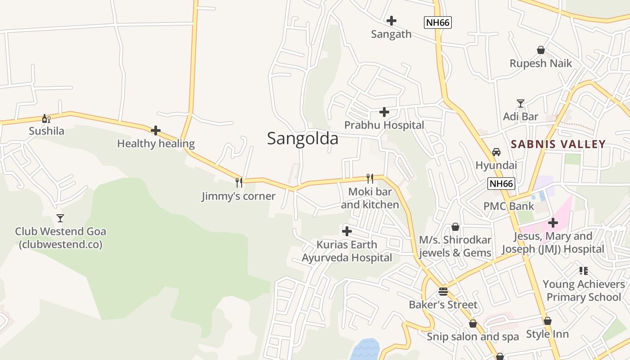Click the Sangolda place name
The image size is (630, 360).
(302, 138)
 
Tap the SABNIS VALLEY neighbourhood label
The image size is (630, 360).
(558, 144)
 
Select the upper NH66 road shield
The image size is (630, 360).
(437, 22)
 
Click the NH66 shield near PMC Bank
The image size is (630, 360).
(501, 184)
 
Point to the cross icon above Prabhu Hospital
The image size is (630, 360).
(384, 112)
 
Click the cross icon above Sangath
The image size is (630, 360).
(391, 20)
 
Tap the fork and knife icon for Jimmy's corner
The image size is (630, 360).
(239, 182)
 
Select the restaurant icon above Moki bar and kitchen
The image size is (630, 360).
(370, 178)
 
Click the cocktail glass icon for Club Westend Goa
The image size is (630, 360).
(60, 218)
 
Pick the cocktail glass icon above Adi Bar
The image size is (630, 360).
(521, 103)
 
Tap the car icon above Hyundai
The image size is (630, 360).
(496, 152)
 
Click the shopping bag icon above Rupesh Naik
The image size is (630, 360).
(541, 50)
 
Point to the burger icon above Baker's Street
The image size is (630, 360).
(443, 291)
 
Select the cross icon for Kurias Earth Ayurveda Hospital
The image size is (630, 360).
(346, 231)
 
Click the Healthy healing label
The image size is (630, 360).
(156, 144)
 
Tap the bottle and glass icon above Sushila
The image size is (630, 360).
(46, 118)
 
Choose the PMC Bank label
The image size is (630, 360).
(508, 206)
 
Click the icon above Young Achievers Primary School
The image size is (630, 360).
(584, 270)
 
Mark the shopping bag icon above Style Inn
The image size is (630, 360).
(547, 321)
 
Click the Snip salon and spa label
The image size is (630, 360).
(472, 337)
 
